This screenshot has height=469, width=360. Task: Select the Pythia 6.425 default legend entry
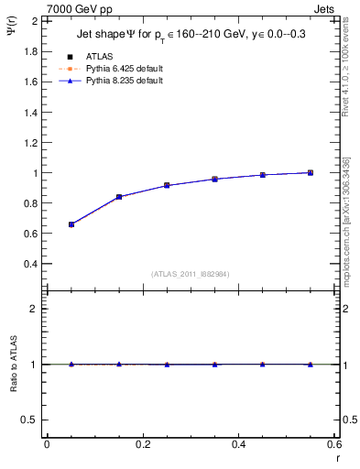click(125, 68)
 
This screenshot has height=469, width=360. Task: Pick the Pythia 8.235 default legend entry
click(125, 81)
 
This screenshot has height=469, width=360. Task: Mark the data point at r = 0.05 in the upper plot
click(71, 224)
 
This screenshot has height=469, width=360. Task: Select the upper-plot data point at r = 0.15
click(119, 197)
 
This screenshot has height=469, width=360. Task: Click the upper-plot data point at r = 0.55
click(311, 172)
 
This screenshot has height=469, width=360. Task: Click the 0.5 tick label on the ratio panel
click(31, 420)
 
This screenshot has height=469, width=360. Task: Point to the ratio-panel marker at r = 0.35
click(215, 365)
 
